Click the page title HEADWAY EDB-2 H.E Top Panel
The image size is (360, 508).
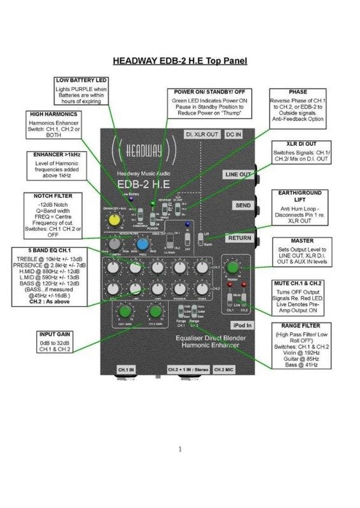(179, 61)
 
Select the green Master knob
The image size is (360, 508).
(233, 267)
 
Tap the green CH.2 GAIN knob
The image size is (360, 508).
(156, 311)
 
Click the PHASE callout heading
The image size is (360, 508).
(297, 92)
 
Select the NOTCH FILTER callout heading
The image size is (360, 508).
(53, 196)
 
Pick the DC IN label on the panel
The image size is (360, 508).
(234, 134)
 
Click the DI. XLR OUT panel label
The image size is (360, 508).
(202, 134)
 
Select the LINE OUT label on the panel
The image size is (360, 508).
(238, 174)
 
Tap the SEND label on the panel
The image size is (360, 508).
(243, 206)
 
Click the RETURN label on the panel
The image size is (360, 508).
(239, 237)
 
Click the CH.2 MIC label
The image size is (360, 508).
(224, 369)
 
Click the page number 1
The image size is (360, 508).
(180, 449)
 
